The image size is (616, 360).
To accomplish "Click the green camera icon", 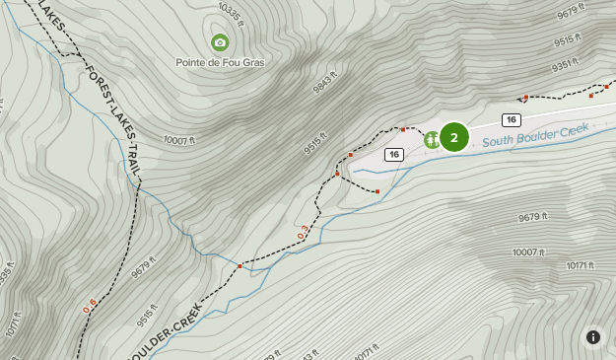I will tap(220, 42).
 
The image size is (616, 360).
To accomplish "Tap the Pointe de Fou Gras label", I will tap(220, 62).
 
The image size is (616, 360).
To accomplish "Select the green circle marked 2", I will tap(453, 137).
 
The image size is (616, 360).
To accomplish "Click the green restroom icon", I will tap(432, 139).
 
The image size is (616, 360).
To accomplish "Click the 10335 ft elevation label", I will tap(229, 10).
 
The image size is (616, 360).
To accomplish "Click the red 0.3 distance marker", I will tap(303, 232).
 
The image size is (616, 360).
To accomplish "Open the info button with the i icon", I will tap(592, 337).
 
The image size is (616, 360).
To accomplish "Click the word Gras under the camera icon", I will tap(251, 62).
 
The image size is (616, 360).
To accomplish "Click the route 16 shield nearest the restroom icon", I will tap(394, 155).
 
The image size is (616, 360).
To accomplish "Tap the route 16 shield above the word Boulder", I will tap(510, 119).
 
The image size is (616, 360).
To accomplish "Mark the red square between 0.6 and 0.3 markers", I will tap(240, 265).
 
